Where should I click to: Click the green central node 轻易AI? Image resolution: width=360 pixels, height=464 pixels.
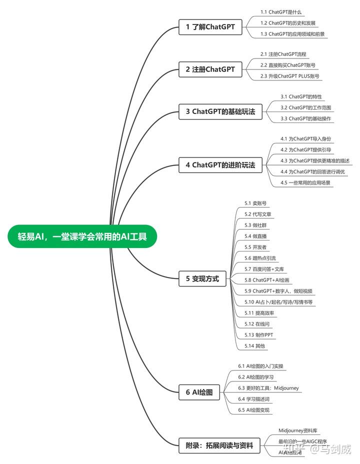(82, 236)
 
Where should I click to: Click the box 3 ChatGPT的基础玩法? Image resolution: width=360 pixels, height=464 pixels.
(220, 112)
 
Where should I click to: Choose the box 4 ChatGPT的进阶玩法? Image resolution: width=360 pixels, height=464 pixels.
(220, 164)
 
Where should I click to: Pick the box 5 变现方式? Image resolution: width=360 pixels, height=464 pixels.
(202, 279)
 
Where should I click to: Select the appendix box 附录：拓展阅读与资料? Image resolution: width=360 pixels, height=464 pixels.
(219, 445)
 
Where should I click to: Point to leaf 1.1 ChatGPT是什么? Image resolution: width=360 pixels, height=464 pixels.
(281, 11)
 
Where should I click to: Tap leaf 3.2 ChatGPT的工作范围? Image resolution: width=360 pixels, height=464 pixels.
(306, 107)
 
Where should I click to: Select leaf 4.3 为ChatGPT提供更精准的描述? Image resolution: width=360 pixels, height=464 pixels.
(315, 160)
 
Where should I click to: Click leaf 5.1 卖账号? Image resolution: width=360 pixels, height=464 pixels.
(255, 203)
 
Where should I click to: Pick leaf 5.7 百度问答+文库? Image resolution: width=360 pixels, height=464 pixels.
(264, 269)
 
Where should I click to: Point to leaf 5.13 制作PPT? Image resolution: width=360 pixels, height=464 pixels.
(259, 335)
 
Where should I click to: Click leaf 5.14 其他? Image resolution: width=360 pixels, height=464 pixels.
(254, 346)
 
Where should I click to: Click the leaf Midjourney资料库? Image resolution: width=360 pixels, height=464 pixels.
(298, 430)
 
